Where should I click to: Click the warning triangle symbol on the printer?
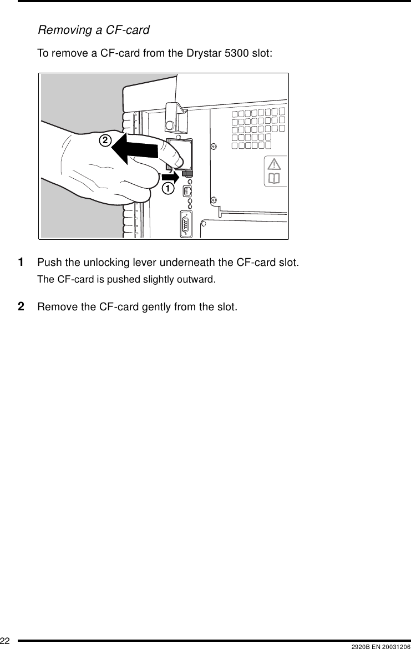pyautogui.click(x=275, y=165)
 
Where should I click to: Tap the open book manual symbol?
pyautogui.click(x=275, y=179)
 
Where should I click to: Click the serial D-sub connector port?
pyautogui.click(x=186, y=225)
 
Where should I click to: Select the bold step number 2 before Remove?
pyautogui.click(x=21, y=306)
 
